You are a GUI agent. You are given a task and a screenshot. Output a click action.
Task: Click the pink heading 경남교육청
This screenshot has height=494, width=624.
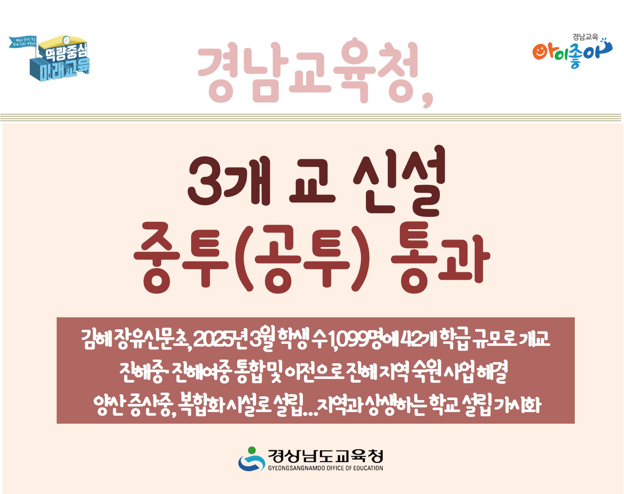pyautogui.click(x=308, y=72)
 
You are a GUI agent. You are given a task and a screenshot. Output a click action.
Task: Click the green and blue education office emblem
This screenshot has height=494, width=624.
pyautogui.click(x=251, y=459)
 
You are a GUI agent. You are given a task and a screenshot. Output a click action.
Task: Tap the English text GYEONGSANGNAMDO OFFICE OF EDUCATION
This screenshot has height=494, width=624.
pyautogui.click(x=325, y=468)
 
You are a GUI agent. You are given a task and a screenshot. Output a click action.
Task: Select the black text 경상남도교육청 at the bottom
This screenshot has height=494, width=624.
pyautogui.click(x=325, y=456)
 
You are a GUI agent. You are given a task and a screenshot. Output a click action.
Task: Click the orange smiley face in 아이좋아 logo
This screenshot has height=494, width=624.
pyautogui.click(x=540, y=52)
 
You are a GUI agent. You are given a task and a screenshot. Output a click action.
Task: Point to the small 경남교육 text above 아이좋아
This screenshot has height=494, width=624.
pyautogui.click(x=585, y=37)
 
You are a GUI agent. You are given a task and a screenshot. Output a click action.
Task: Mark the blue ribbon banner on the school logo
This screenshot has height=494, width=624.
pyautogui.click(x=23, y=41)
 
